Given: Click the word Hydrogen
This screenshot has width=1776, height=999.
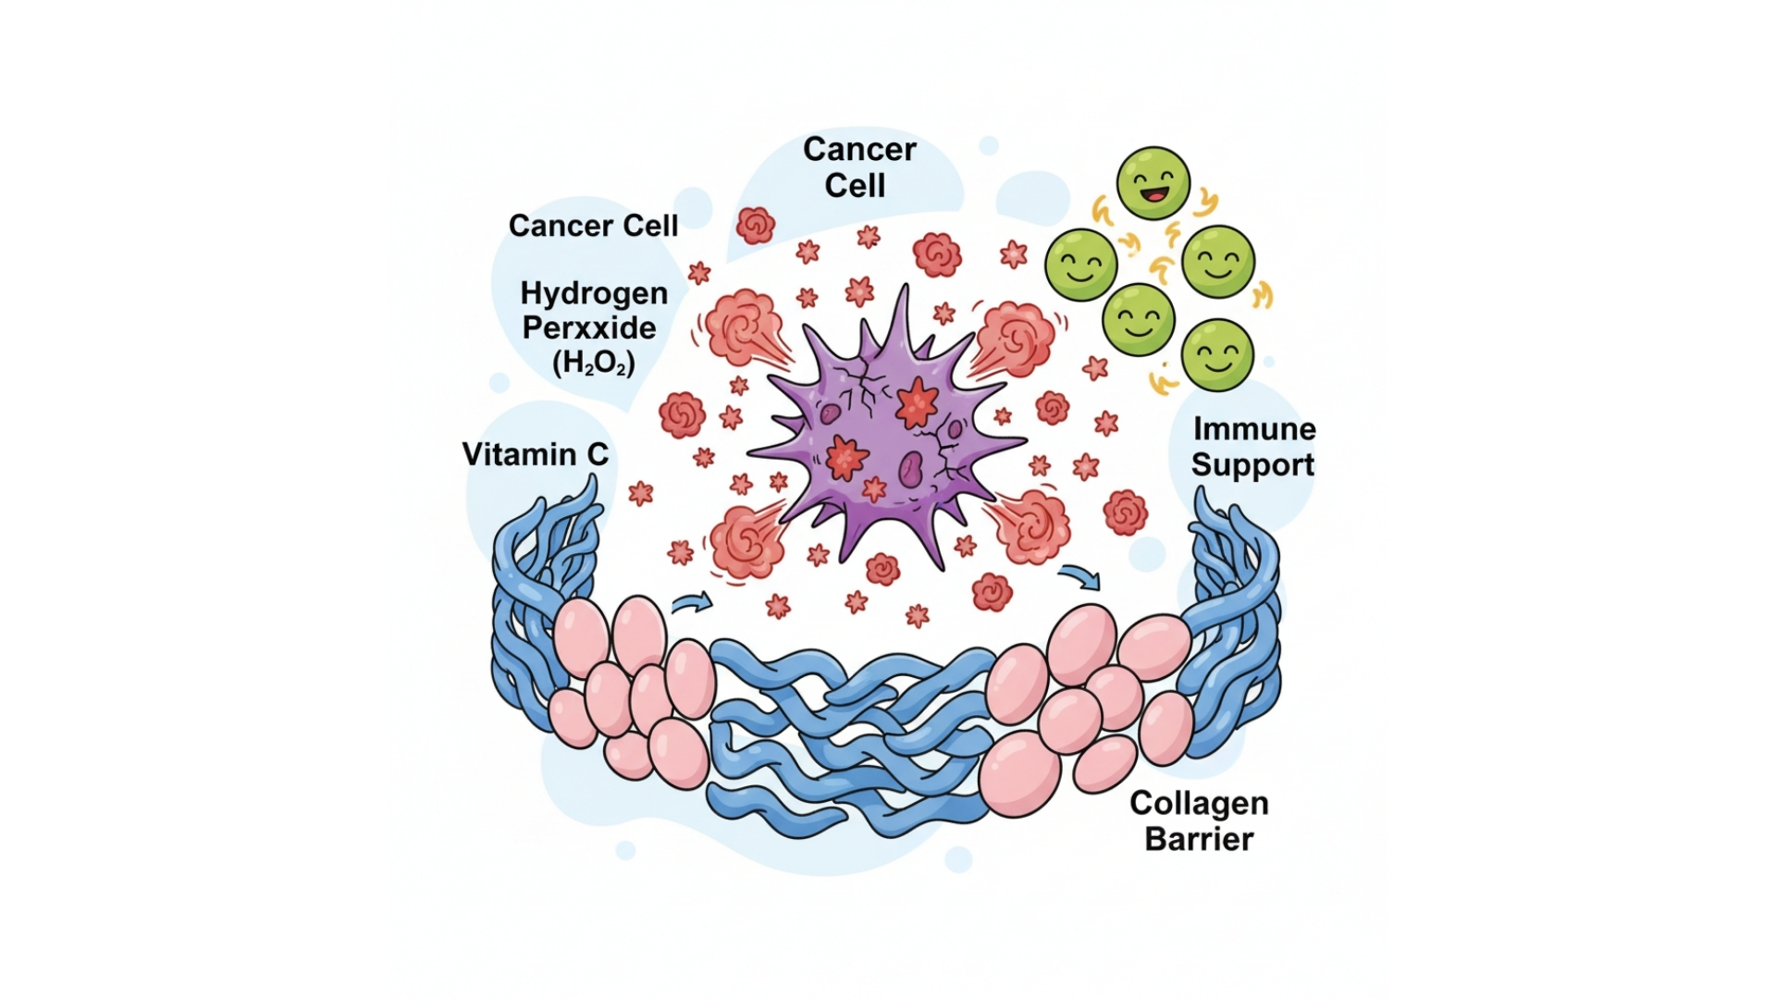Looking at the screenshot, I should pos(594,294).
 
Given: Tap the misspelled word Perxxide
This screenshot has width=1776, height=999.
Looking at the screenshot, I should pos(589,328).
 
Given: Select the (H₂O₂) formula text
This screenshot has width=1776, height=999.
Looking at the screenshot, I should pos(593,363).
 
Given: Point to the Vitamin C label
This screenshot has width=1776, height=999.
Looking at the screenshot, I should pos(535,454).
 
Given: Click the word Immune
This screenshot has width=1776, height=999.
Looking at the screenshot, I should pos(1254,429).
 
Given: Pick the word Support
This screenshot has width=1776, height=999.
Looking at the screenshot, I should pos(1252,464).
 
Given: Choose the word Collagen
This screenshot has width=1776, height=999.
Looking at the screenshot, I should pos(1199,804).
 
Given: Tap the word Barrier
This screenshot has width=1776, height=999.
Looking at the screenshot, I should pos(1199,839).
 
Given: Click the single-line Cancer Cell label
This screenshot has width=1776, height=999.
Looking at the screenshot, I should pos(593,226).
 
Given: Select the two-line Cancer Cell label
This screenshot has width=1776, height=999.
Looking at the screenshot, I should pos(858,167).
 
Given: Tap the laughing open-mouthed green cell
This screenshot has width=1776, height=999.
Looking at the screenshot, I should pos(1153,183).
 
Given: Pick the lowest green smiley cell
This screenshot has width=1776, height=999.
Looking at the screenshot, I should pos(1217,355).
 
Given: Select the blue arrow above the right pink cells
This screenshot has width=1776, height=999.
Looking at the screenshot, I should pos(1079,577).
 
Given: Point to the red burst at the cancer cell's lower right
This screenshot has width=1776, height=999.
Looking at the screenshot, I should pos(1030,526).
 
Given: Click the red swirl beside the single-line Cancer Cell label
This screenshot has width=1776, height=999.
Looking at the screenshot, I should pos(755,225).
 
